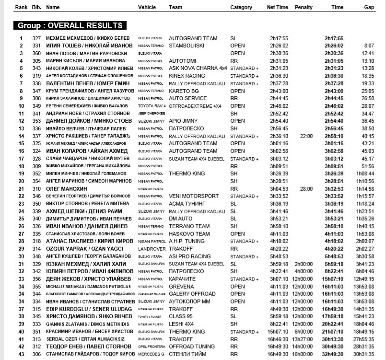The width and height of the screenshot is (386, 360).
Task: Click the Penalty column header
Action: click(x=304, y=8)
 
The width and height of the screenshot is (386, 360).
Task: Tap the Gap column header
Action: click(x=369, y=8)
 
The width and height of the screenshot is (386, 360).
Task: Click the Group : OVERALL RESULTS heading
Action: click(x=70, y=25)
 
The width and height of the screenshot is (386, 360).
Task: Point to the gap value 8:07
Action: click(x=369, y=46)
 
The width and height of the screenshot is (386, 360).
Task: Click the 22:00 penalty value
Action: click(x=306, y=136)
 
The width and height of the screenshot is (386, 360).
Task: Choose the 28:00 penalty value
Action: click(x=306, y=188)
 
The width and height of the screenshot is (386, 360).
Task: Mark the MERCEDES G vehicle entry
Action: click(x=152, y=354)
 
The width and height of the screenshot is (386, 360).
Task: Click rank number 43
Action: click(x=21, y=354)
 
